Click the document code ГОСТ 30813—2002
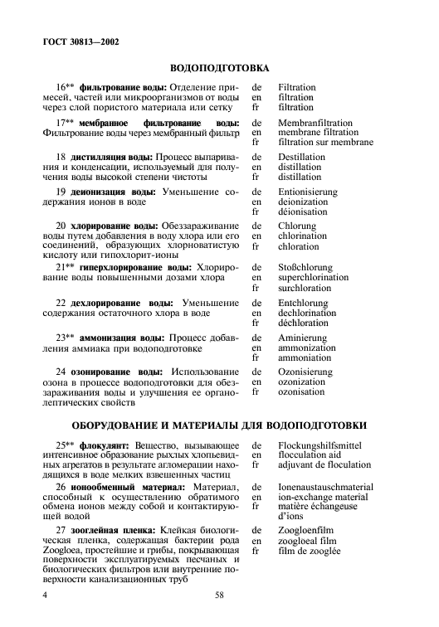pyautogui.click(x=79, y=40)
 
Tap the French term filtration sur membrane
pyautogui.click(x=325, y=142)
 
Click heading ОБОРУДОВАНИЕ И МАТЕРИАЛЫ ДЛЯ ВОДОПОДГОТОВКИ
pyautogui.click(x=219, y=425)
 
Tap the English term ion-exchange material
pyautogui.click(x=322, y=496)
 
